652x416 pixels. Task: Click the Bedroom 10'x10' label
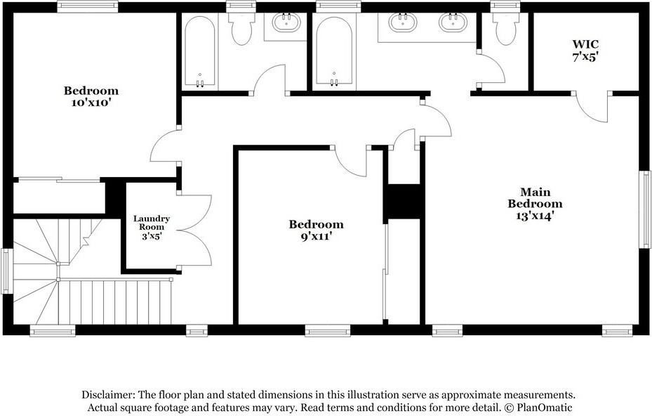pyautogui.click(x=91, y=96)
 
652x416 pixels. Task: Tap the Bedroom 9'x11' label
pyautogui.click(x=317, y=230)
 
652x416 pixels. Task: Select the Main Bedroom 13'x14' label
pyautogui.click(x=535, y=204)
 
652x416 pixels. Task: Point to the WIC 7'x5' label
pyautogui.click(x=585, y=51)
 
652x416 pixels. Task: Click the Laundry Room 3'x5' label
pyautogui.click(x=152, y=227)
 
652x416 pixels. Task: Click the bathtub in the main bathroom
pyautogui.click(x=333, y=52)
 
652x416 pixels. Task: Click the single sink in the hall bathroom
pyautogui.click(x=286, y=22)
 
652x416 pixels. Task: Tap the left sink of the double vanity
pyautogui.click(x=403, y=22)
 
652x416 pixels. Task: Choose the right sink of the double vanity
pyautogui.click(x=453, y=22)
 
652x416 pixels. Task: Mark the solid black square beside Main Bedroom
pyautogui.click(x=403, y=201)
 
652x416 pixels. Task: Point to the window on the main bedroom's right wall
pyautogui.click(x=644, y=209)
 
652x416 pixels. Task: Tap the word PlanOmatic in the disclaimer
pyautogui.click(x=544, y=408)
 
